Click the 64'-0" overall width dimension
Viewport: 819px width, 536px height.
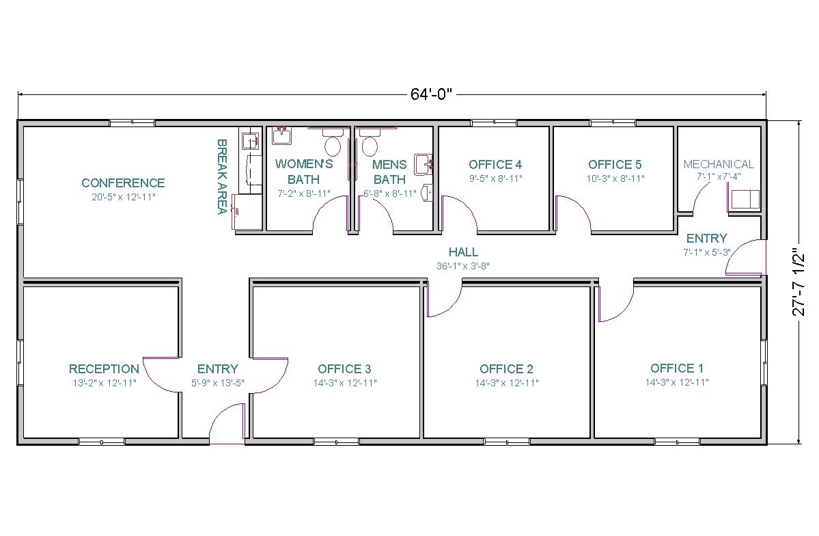click(x=430, y=94)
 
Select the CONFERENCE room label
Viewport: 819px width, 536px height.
click(x=123, y=183)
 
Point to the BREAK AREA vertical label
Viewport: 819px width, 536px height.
click(x=221, y=177)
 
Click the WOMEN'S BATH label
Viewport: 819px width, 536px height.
click(x=304, y=172)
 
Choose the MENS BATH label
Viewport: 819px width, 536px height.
click(x=389, y=172)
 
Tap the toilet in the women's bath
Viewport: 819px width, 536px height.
click(x=332, y=142)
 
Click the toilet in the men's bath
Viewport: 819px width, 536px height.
click(x=370, y=142)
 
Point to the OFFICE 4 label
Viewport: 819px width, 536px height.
click(x=495, y=165)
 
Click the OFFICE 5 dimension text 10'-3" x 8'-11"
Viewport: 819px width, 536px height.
click(x=615, y=178)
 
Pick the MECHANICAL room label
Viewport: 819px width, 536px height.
click(x=719, y=164)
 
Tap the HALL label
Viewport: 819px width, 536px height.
click(x=463, y=252)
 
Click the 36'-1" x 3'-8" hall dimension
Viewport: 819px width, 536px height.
click(x=463, y=266)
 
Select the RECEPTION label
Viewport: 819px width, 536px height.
click(x=104, y=369)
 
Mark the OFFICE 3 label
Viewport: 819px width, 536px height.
click(x=345, y=369)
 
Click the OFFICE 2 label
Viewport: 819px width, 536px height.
click(x=507, y=369)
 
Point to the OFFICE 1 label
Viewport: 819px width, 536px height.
click(x=677, y=368)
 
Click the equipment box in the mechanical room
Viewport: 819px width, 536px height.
click(x=745, y=200)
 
